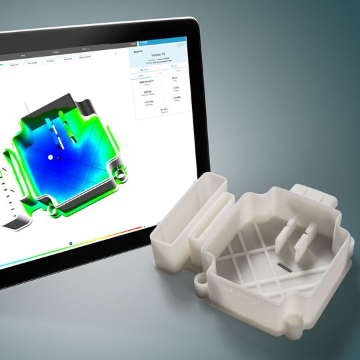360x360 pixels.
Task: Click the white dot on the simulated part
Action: pos(49,157)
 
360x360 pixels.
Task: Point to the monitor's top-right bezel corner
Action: pos(198,22)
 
